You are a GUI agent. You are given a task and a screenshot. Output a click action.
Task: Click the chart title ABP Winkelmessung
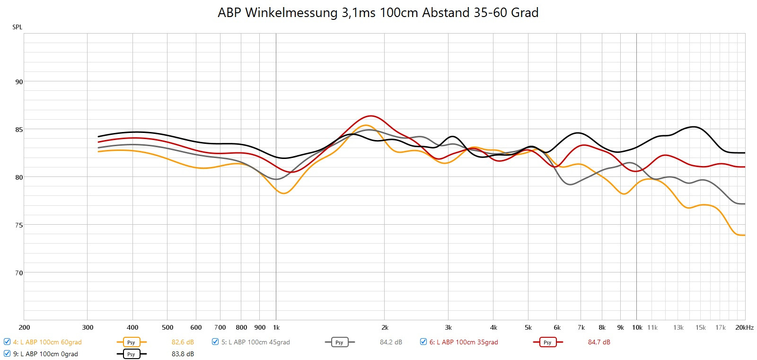coord(378,13)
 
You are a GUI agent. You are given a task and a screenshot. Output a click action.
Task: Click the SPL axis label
coord(18,27)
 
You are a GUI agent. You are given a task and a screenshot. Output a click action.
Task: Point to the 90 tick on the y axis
coord(19,82)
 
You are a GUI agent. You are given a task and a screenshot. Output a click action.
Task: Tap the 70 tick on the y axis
coord(19,273)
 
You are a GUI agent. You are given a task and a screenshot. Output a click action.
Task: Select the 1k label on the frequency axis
coord(276,327)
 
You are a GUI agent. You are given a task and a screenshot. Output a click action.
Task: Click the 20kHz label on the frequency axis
coord(744,327)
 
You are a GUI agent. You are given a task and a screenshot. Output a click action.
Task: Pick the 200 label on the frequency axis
coord(24,327)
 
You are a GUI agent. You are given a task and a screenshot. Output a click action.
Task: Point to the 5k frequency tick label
coord(528,327)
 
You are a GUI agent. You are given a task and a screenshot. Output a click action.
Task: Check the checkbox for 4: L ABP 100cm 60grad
coord(7,342)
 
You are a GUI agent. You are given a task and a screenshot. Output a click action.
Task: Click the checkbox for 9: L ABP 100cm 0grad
coord(7,354)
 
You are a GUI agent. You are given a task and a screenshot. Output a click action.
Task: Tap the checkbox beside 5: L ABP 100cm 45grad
coord(215,342)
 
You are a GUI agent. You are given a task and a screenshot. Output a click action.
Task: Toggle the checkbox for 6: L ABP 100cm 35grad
coord(423,342)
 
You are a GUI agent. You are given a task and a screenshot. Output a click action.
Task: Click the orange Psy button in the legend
coord(131,342)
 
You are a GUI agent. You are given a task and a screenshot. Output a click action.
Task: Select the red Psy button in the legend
coord(547,342)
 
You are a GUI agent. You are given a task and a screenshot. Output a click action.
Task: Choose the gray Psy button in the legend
coord(339,342)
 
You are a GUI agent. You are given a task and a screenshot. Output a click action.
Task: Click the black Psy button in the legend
coord(131,354)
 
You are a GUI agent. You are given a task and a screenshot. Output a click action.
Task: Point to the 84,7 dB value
coord(599,342)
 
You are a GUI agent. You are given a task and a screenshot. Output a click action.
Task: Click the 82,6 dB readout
coord(183,342)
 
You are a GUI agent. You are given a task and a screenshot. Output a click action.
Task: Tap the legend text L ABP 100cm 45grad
coord(255,342)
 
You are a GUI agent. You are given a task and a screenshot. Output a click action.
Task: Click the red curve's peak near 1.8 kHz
coord(371,116)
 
